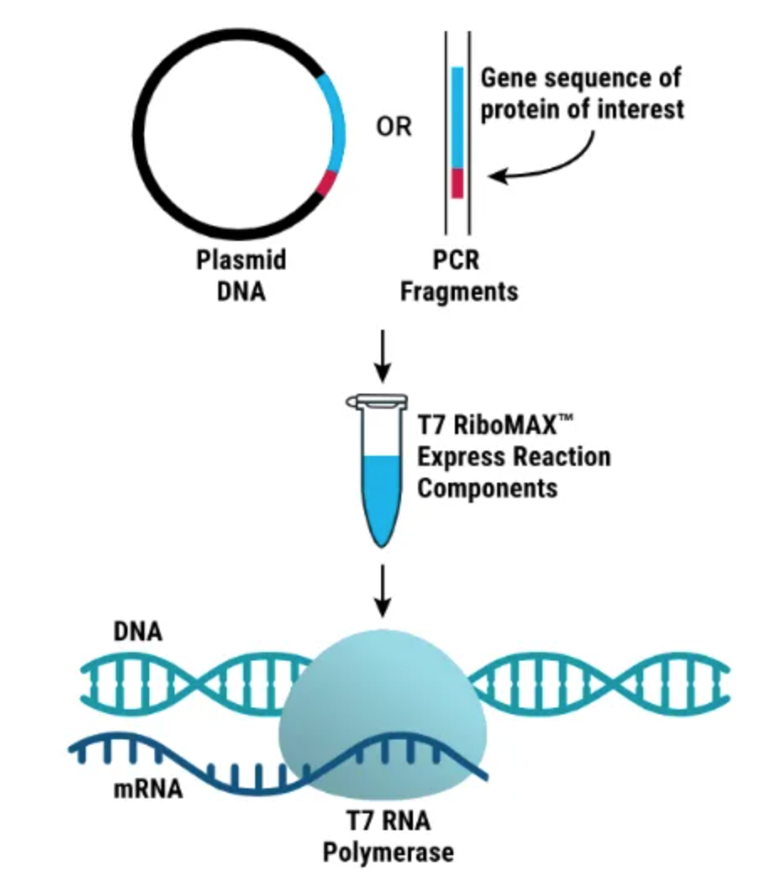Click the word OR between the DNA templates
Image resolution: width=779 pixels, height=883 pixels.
(x=394, y=128)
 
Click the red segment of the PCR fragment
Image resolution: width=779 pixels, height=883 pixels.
(x=457, y=183)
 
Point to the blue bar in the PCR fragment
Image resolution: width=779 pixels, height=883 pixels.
(x=457, y=118)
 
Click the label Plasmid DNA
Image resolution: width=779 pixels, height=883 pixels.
(x=241, y=274)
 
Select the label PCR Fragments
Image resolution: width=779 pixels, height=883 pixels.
(x=457, y=274)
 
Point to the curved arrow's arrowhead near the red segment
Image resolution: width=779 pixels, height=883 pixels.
(x=495, y=176)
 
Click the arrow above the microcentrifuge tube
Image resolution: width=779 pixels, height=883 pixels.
(x=382, y=353)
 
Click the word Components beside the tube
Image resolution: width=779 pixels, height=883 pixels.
(x=487, y=488)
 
